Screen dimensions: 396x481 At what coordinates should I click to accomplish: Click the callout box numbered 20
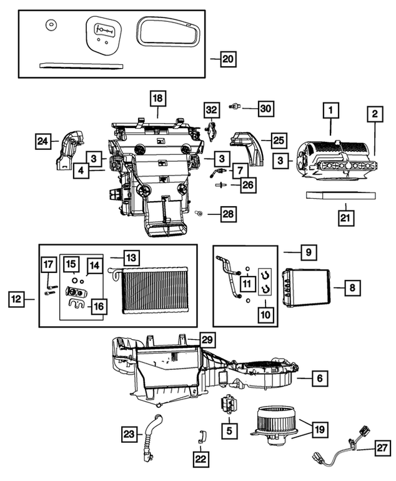228,59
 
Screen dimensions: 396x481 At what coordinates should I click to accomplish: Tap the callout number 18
158,99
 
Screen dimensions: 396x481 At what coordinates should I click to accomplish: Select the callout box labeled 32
211,110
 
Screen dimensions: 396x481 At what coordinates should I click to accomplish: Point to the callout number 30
266,108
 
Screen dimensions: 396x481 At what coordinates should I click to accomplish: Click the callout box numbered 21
345,218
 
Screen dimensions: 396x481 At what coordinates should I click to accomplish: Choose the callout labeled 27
382,448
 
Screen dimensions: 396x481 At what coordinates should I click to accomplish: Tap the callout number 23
129,434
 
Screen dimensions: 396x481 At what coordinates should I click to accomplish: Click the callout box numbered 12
16,299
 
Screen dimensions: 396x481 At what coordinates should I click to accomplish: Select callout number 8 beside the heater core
352,287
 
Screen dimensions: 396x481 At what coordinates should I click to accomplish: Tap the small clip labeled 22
201,437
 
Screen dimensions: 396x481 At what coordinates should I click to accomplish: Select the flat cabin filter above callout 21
341,196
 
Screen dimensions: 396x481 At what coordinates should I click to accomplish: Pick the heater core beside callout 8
306,287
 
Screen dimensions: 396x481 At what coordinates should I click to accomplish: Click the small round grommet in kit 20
51,25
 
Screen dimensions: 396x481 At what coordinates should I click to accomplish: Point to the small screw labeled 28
199,213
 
